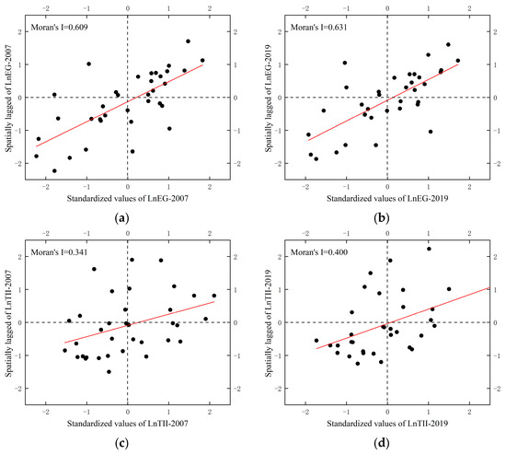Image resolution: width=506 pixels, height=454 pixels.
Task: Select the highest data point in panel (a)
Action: [188, 41]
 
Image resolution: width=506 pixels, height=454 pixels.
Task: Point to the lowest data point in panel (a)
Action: [54, 170]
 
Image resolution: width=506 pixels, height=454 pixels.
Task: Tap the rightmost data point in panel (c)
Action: [214, 296]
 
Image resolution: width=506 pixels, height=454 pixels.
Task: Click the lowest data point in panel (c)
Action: [109, 372]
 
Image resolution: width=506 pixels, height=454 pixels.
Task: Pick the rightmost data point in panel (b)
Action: [457, 61]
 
